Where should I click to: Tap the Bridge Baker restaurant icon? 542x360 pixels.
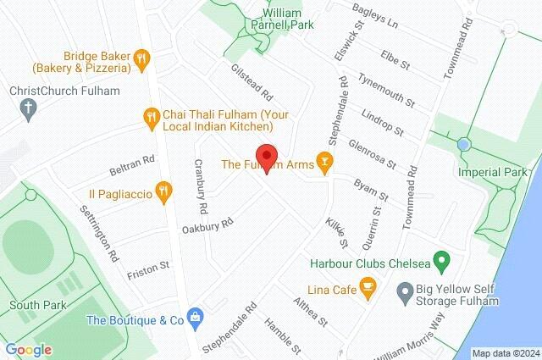[141, 58]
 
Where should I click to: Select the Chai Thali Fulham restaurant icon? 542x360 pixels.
[152, 119]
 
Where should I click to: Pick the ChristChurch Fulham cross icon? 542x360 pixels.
[28, 108]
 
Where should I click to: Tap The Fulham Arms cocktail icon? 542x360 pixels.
[323, 159]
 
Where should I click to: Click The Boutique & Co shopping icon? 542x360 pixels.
[196, 319]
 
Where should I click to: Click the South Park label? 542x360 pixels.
[33, 305]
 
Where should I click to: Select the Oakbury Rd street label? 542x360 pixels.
[207, 227]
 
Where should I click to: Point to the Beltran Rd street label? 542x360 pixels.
[132, 160]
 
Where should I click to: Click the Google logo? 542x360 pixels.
[28, 349]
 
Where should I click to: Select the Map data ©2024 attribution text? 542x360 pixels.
[505, 353]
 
